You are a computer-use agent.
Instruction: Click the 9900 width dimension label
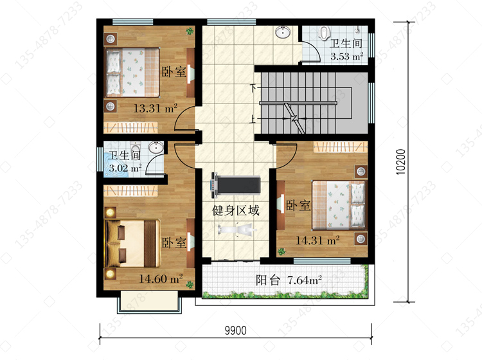tap(235, 330)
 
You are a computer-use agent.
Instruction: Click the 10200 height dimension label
tap(400, 162)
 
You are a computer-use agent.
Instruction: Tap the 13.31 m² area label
tap(156, 108)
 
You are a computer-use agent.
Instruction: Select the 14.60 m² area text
tap(161, 279)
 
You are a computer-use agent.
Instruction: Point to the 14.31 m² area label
tap(317, 240)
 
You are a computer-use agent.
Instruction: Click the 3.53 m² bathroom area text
tap(347, 57)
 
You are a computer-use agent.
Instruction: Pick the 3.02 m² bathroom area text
tap(125, 168)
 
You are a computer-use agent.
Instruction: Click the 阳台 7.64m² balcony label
tap(289, 280)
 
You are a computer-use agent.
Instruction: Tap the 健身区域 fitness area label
tap(236, 211)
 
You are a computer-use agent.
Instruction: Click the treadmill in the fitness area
tap(235, 185)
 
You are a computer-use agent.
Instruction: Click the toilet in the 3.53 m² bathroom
tap(324, 33)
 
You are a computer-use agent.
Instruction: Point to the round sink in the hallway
tap(283, 32)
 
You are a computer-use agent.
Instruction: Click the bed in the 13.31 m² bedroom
tap(132, 72)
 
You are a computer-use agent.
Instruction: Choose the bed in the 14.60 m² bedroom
tap(132, 243)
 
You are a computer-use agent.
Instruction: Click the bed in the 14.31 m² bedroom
tap(339, 204)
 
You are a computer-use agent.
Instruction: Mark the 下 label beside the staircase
tap(253, 88)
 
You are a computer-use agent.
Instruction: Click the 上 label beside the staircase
tap(253, 119)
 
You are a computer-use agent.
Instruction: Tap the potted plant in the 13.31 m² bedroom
tap(190, 31)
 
